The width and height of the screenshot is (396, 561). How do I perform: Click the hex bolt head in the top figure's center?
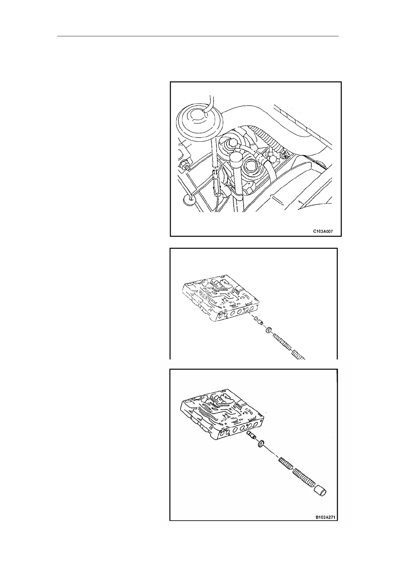(231, 144)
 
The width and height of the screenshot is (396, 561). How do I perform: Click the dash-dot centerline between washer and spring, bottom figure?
(271, 453)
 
